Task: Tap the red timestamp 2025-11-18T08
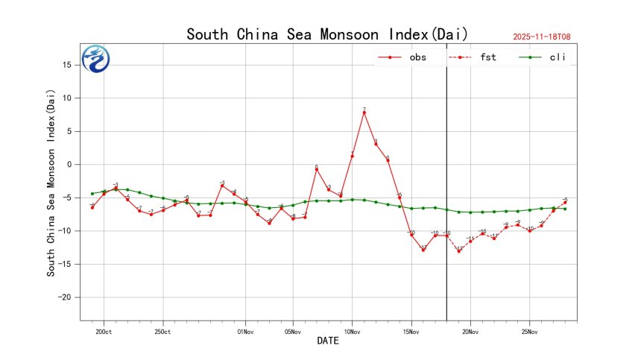[546, 37]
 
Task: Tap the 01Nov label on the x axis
[246, 332]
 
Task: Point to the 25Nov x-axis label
[529, 332]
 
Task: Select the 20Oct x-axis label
[104, 332]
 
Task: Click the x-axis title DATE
[328, 341]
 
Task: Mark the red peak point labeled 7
[364, 113]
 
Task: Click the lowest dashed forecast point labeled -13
[458, 250]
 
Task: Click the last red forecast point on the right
[565, 202]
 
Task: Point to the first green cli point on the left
[92, 194]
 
